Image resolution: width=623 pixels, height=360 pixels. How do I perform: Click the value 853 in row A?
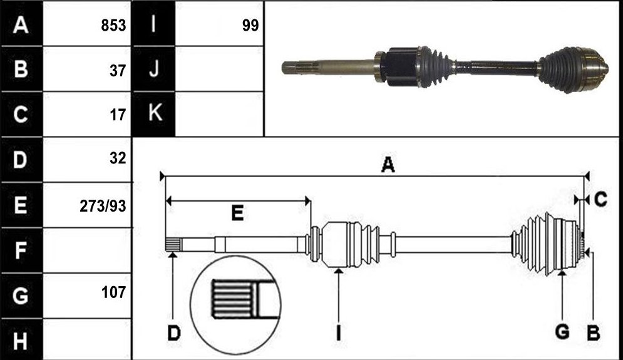pyautogui.click(x=113, y=25)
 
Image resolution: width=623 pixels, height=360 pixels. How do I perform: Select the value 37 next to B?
pyautogui.click(x=118, y=71)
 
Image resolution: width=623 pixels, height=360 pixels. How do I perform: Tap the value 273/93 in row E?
pyautogui.click(x=103, y=206)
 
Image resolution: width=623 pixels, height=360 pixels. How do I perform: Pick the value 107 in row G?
pyautogui.click(x=113, y=292)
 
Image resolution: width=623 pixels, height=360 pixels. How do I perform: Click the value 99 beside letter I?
pyautogui.click(x=250, y=25)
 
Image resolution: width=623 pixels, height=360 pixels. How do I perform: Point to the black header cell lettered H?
pyautogui.click(x=21, y=340)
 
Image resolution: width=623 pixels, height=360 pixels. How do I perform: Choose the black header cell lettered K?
pyautogui.click(x=154, y=114)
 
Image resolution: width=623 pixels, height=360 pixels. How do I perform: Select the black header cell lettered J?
pyautogui.click(x=154, y=69)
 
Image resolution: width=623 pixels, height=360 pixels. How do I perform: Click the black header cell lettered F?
pyautogui.click(x=21, y=250)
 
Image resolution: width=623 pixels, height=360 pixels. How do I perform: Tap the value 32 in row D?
pyautogui.click(x=118, y=158)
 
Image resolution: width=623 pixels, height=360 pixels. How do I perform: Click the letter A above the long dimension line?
pyautogui.click(x=388, y=165)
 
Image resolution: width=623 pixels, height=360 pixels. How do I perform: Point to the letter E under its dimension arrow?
pyautogui.click(x=237, y=213)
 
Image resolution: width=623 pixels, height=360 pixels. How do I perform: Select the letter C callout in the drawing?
pyautogui.click(x=600, y=200)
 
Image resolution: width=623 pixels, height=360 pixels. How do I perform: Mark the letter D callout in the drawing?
pyautogui.click(x=174, y=333)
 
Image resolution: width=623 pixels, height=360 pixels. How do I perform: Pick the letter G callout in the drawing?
pyautogui.click(x=562, y=331)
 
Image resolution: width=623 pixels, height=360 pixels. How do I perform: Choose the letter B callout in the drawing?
pyautogui.click(x=593, y=332)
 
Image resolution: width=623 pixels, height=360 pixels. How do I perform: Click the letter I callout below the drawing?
pyautogui.click(x=339, y=333)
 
